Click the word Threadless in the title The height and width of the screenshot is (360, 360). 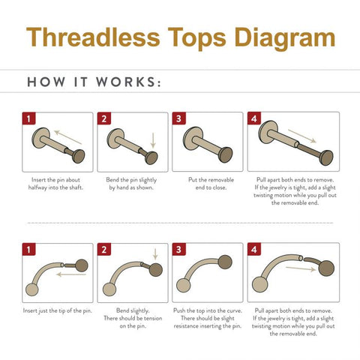93,37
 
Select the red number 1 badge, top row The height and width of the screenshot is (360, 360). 28,118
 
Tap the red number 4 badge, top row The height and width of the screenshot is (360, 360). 254,118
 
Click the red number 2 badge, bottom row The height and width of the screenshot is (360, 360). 103,249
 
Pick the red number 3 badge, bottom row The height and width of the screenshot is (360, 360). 178,249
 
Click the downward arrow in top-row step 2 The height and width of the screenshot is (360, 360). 153,140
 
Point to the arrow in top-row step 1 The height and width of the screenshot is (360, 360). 68,137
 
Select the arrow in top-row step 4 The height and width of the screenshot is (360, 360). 302,136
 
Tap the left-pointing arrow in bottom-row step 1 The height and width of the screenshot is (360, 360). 71,274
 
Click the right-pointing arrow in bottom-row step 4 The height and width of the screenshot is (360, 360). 301,268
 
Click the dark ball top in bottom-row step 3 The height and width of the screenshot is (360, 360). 225,262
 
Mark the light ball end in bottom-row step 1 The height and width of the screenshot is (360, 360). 32,289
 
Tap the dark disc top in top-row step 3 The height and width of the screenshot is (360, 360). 226,154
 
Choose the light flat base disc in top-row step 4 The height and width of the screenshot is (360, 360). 268,132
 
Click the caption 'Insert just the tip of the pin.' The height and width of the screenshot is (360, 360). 58,310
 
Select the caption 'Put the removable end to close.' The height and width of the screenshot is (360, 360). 211,184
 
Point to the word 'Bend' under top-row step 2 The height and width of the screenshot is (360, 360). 112,180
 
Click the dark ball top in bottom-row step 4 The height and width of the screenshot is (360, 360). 326,268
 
